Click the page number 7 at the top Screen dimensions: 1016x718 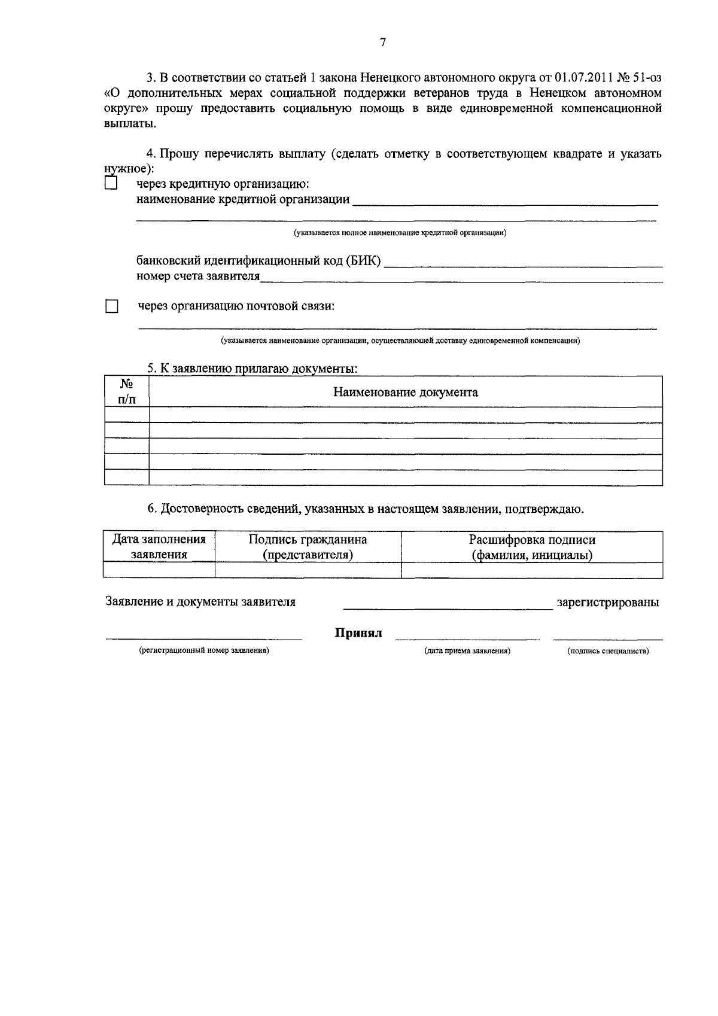[383, 42]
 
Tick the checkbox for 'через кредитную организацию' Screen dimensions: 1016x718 [111, 183]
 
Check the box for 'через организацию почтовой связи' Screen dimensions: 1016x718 [112, 307]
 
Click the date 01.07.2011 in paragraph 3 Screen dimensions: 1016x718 [583, 78]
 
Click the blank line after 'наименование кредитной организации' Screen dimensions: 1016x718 [505, 200]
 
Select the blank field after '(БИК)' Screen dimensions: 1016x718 [524, 261]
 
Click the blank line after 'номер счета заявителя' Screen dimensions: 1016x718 [461, 276]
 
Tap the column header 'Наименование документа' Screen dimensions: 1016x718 [405, 393]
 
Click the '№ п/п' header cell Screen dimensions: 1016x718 [126, 392]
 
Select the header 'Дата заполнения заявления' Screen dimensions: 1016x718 [159, 547]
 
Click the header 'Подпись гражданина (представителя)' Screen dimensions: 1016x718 [308, 547]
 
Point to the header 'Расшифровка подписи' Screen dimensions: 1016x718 [532, 540]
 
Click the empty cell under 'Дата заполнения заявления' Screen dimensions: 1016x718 [159, 570]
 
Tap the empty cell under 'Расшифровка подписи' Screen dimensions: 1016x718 [532, 570]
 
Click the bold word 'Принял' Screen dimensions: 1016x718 [358, 633]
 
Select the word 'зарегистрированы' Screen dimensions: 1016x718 [608, 603]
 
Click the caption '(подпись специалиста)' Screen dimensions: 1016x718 [608, 651]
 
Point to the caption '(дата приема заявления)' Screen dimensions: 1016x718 [467, 651]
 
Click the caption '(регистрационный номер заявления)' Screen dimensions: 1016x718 [204, 650]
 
